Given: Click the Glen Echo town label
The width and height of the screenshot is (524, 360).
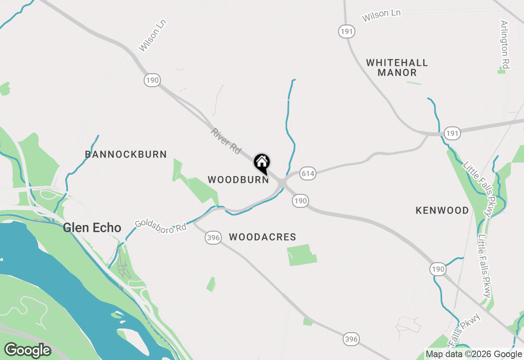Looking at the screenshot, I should (x=92, y=228).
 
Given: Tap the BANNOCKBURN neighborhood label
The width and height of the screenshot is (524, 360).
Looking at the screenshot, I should (x=126, y=155).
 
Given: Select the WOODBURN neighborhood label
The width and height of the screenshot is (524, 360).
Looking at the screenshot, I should (x=238, y=180).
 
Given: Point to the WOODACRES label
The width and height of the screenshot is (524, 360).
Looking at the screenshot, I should (x=262, y=237).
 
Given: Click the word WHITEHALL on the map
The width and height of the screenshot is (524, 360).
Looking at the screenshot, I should (x=397, y=63).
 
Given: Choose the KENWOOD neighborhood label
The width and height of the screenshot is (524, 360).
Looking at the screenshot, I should (x=442, y=211).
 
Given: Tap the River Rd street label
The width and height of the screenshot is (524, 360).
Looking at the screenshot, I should (x=226, y=141).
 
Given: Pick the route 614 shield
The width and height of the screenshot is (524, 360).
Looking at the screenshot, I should (x=307, y=173).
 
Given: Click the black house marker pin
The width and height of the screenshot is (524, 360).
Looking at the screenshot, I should (x=262, y=163).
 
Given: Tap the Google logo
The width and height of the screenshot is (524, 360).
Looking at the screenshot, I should (x=27, y=350).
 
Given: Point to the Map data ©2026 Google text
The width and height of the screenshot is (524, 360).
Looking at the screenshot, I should (x=474, y=354).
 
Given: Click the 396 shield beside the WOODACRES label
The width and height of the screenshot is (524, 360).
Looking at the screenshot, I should (x=213, y=238).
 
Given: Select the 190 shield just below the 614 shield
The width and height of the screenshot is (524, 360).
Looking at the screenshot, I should (x=300, y=200).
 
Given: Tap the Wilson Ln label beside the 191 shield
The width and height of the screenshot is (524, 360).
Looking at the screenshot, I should (x=381, y=16).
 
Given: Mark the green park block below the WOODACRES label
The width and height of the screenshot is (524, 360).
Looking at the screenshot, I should (x=302, y=255).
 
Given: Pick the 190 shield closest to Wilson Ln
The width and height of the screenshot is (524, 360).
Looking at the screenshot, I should (x=152, y=80).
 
